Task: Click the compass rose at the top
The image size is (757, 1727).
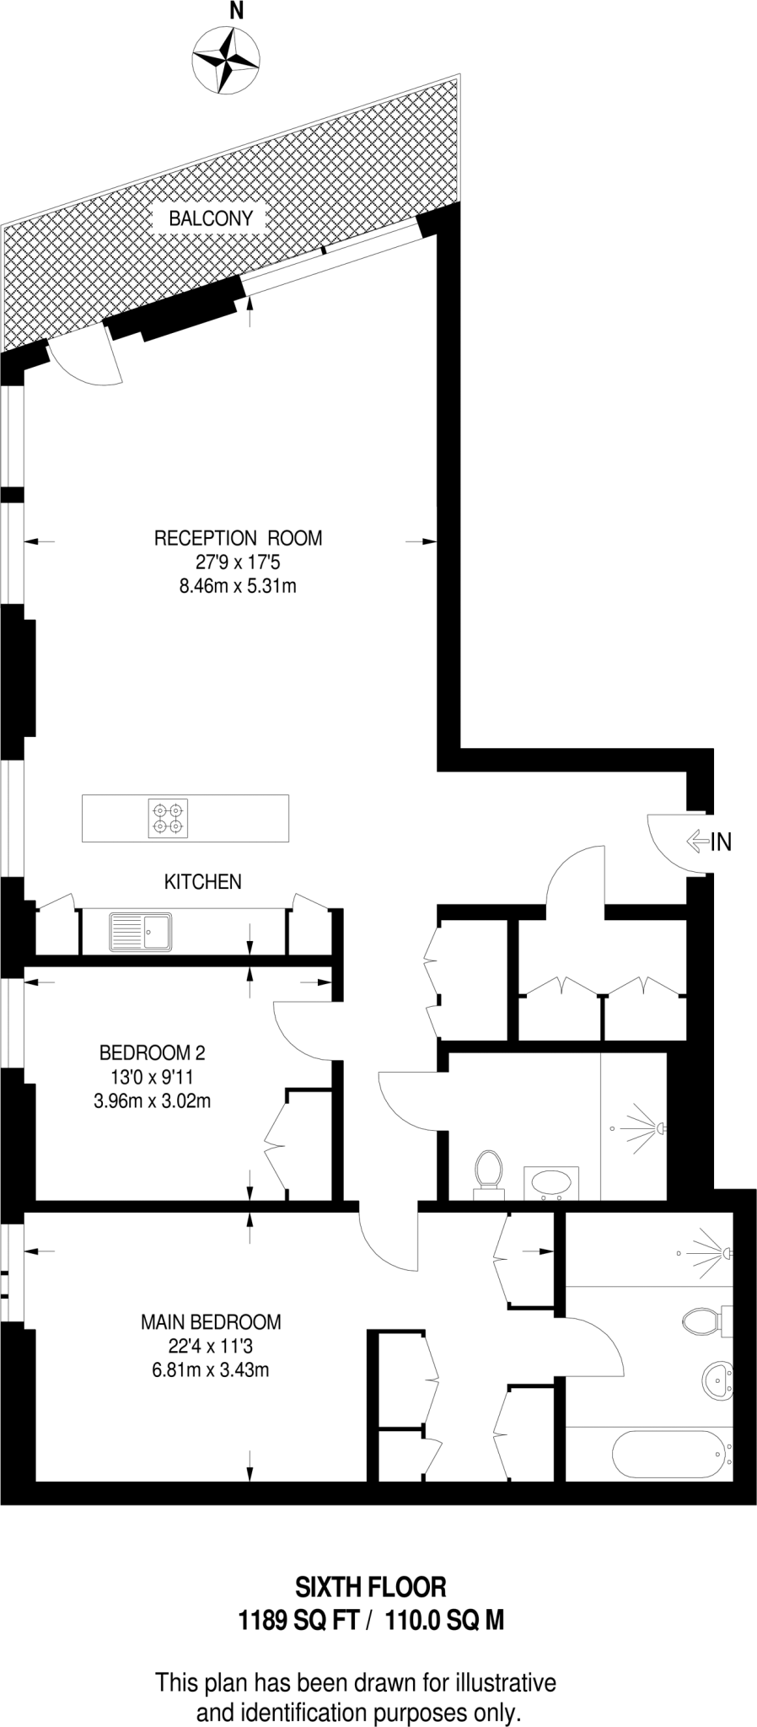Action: (225, 58)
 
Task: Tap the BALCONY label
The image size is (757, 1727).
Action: (211, 218)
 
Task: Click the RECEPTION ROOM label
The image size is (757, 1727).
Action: (238, 538)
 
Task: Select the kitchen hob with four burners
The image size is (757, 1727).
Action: (168, 818)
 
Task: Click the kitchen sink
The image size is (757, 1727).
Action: (141, 932)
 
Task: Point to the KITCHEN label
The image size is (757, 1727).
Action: (202, 882)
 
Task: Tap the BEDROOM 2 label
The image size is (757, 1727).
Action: (152, 1052)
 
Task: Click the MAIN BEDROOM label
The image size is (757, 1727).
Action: (211, 1321)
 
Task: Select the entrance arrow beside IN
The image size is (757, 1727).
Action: (698, 840)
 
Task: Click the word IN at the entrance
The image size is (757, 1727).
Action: (722, 841)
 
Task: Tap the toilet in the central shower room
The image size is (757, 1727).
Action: (488, 1171)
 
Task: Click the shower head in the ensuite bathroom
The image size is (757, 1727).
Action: (725, 1253)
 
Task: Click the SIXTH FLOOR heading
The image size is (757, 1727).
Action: (370, 1588)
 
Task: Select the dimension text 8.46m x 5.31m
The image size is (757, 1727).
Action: (238, 585)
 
